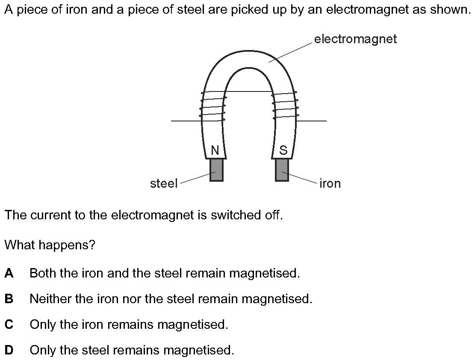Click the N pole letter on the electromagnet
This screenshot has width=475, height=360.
pos(215,150)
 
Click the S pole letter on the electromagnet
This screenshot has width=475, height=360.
pos(283,150)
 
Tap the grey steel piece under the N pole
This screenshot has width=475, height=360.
pos(217,170)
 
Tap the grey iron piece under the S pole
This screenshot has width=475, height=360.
pos(282,170)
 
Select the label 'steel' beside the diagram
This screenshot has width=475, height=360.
pos(164,183)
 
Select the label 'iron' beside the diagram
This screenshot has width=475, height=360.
pos(330,183)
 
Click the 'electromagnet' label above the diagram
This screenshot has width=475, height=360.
pos(355,39)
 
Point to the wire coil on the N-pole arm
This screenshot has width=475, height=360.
pos(213,106)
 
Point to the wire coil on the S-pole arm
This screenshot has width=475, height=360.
pos(285,106)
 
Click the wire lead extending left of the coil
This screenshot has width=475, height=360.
pos(186,121)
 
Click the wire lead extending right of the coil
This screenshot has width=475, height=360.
pos(311,121)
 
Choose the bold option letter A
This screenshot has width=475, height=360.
pos(9,273)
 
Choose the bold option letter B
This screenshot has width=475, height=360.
pos(9,299)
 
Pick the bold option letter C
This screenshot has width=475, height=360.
pos(9,325)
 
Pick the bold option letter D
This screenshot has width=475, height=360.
pos(9,350)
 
